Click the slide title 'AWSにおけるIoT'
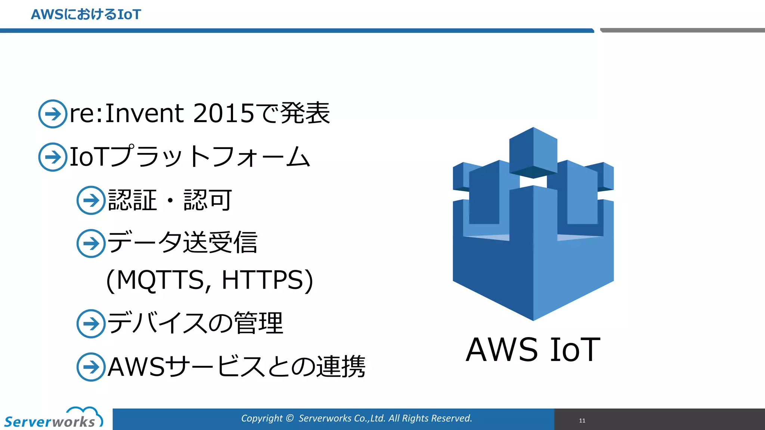click(x=86, y=15)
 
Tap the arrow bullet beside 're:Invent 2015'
click(x=53, y=114)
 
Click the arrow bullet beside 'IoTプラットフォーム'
click(x=53, y=157)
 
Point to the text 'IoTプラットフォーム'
click(x=190, y=157)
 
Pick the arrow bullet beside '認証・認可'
click(x=91, y=200)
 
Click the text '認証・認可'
click(x=170, y=200)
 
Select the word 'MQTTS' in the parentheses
click(x=160, y=280)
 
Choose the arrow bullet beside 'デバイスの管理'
click(x=91, y=324)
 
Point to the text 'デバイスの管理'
click(x=195, y=323)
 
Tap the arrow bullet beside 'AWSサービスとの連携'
click(x=91, y=367)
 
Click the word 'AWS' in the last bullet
click(x=136, y=367)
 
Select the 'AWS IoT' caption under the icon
click(x=533, y=350)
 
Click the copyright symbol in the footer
click(x=289, y=418)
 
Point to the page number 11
click(x=582, y=421)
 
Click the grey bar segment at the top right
click(x=682, y=30)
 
